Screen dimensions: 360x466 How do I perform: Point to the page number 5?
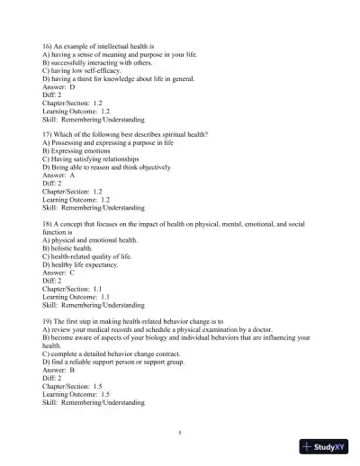pyautogui.click(x=180, y=434)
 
